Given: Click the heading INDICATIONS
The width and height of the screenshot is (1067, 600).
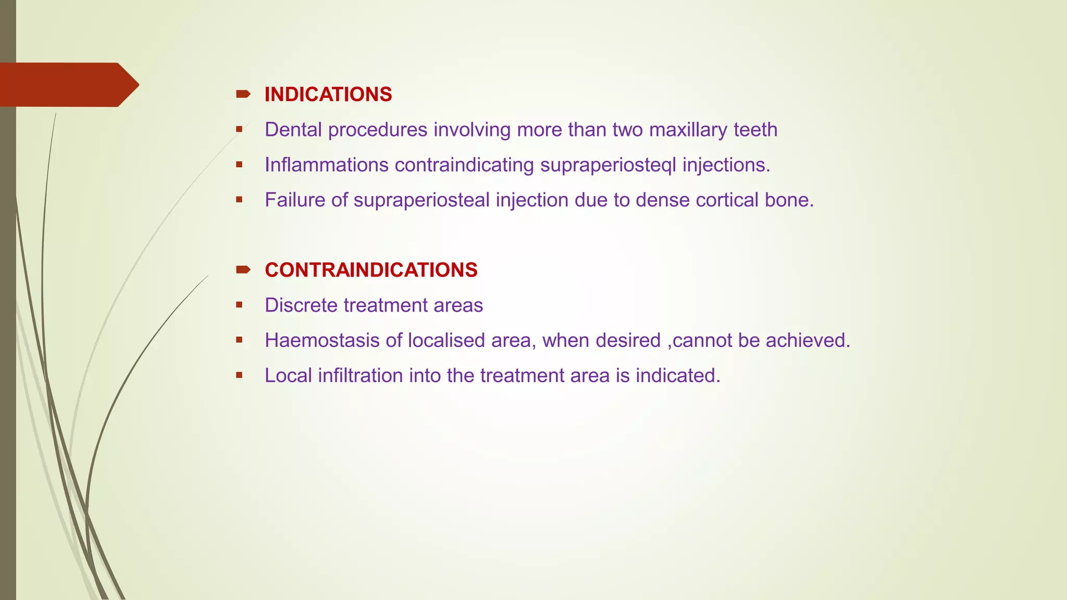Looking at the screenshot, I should (328, 94).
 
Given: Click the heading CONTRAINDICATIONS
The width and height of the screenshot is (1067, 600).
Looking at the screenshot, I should (371, 270).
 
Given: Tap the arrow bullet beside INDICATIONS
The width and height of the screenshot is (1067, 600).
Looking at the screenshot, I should (243, 94).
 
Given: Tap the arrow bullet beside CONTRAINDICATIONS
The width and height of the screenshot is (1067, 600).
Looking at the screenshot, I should (243, 270).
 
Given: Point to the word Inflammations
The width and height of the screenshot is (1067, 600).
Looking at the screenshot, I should (327, 165).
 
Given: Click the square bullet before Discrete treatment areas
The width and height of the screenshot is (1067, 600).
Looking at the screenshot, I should (239, 305).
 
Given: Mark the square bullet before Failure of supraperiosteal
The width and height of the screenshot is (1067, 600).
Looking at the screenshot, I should (239, 199).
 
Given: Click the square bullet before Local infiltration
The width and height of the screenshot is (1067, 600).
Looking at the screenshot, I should (239, 375).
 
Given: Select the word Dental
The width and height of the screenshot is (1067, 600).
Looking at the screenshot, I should (293, 130).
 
